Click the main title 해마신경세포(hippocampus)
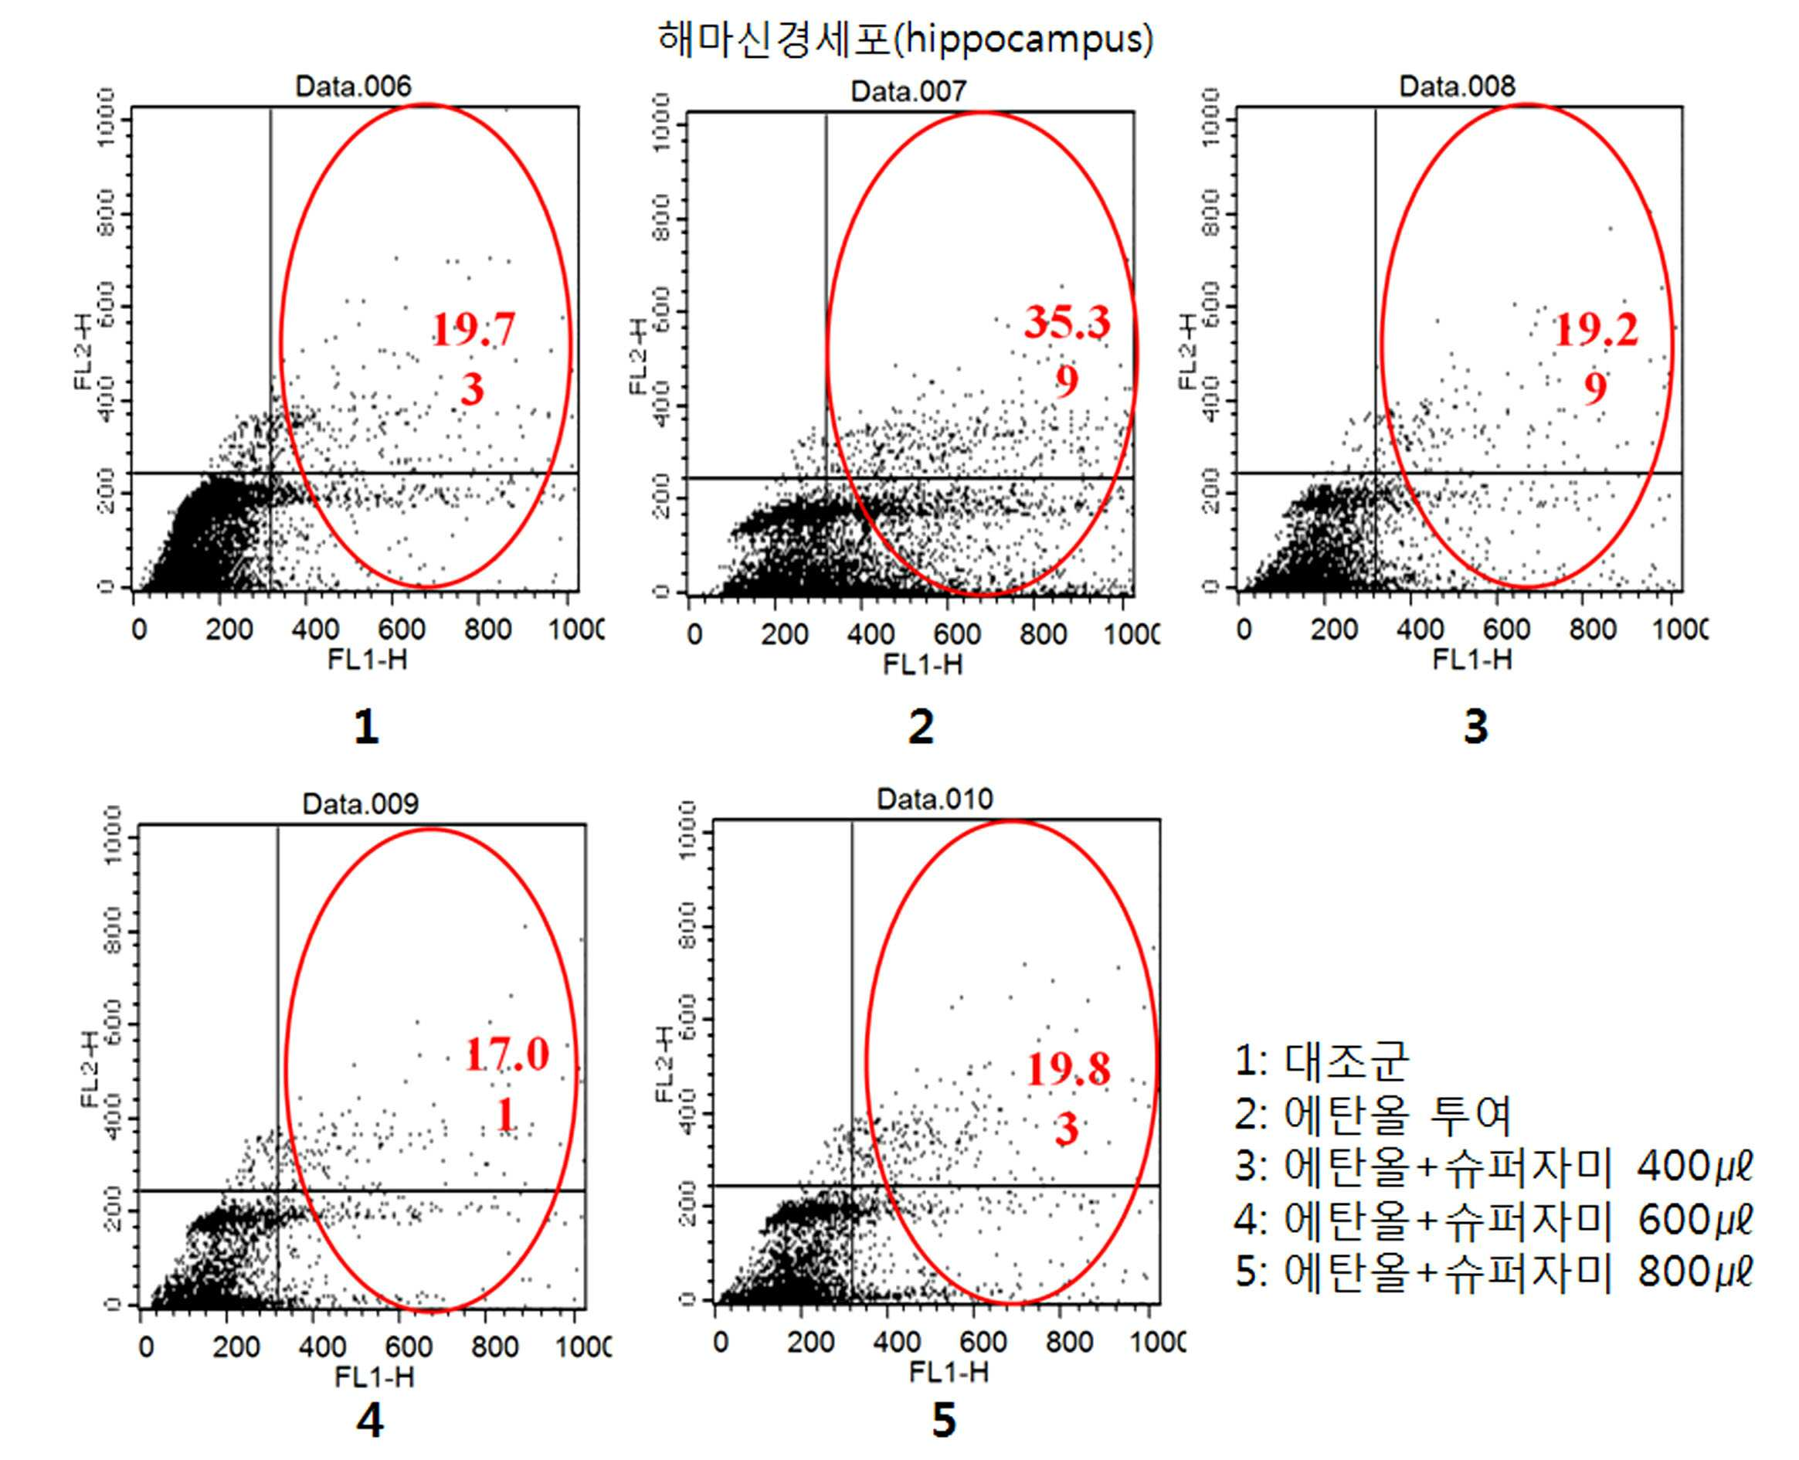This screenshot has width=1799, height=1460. point(905,38)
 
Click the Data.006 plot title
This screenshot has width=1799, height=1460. point(353,86)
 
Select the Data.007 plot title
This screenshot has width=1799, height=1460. point(908,91)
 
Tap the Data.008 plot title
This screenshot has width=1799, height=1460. point(1457,86)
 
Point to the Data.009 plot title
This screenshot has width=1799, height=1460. point(360,804)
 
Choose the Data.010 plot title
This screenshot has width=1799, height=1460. point(935,799)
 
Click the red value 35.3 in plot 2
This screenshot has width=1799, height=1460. point(1067,322)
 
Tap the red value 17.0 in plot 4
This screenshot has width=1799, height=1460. point(506,1054)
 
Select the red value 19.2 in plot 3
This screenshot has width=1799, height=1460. point(1596,330)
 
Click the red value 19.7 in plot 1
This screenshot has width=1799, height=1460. point(473,330)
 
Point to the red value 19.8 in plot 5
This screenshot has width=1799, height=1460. point(1068,1070)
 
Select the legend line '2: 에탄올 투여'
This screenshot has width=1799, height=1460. point(1373,1115)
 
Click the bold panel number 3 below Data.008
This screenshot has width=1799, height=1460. point(1475,727)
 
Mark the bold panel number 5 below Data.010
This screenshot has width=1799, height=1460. point(944,1421)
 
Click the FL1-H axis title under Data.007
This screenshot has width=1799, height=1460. point(922,665)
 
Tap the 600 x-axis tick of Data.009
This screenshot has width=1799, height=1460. point(408,1347)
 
